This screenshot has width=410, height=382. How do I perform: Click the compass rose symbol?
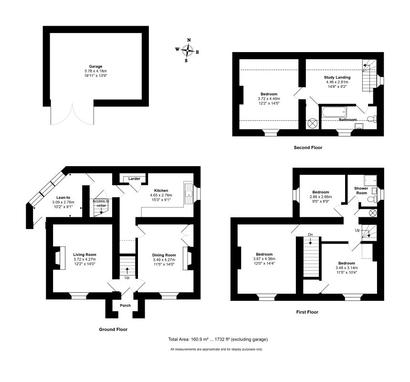189,50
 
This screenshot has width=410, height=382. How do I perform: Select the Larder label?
134,179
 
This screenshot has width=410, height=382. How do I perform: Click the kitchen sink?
190,193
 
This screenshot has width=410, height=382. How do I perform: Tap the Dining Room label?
164,255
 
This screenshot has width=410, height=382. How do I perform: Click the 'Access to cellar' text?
101,203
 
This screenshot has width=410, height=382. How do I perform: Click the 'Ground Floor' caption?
113,329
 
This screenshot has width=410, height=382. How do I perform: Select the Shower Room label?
361,190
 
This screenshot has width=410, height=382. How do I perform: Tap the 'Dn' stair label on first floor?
310,234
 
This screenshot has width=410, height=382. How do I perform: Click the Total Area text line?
218,339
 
